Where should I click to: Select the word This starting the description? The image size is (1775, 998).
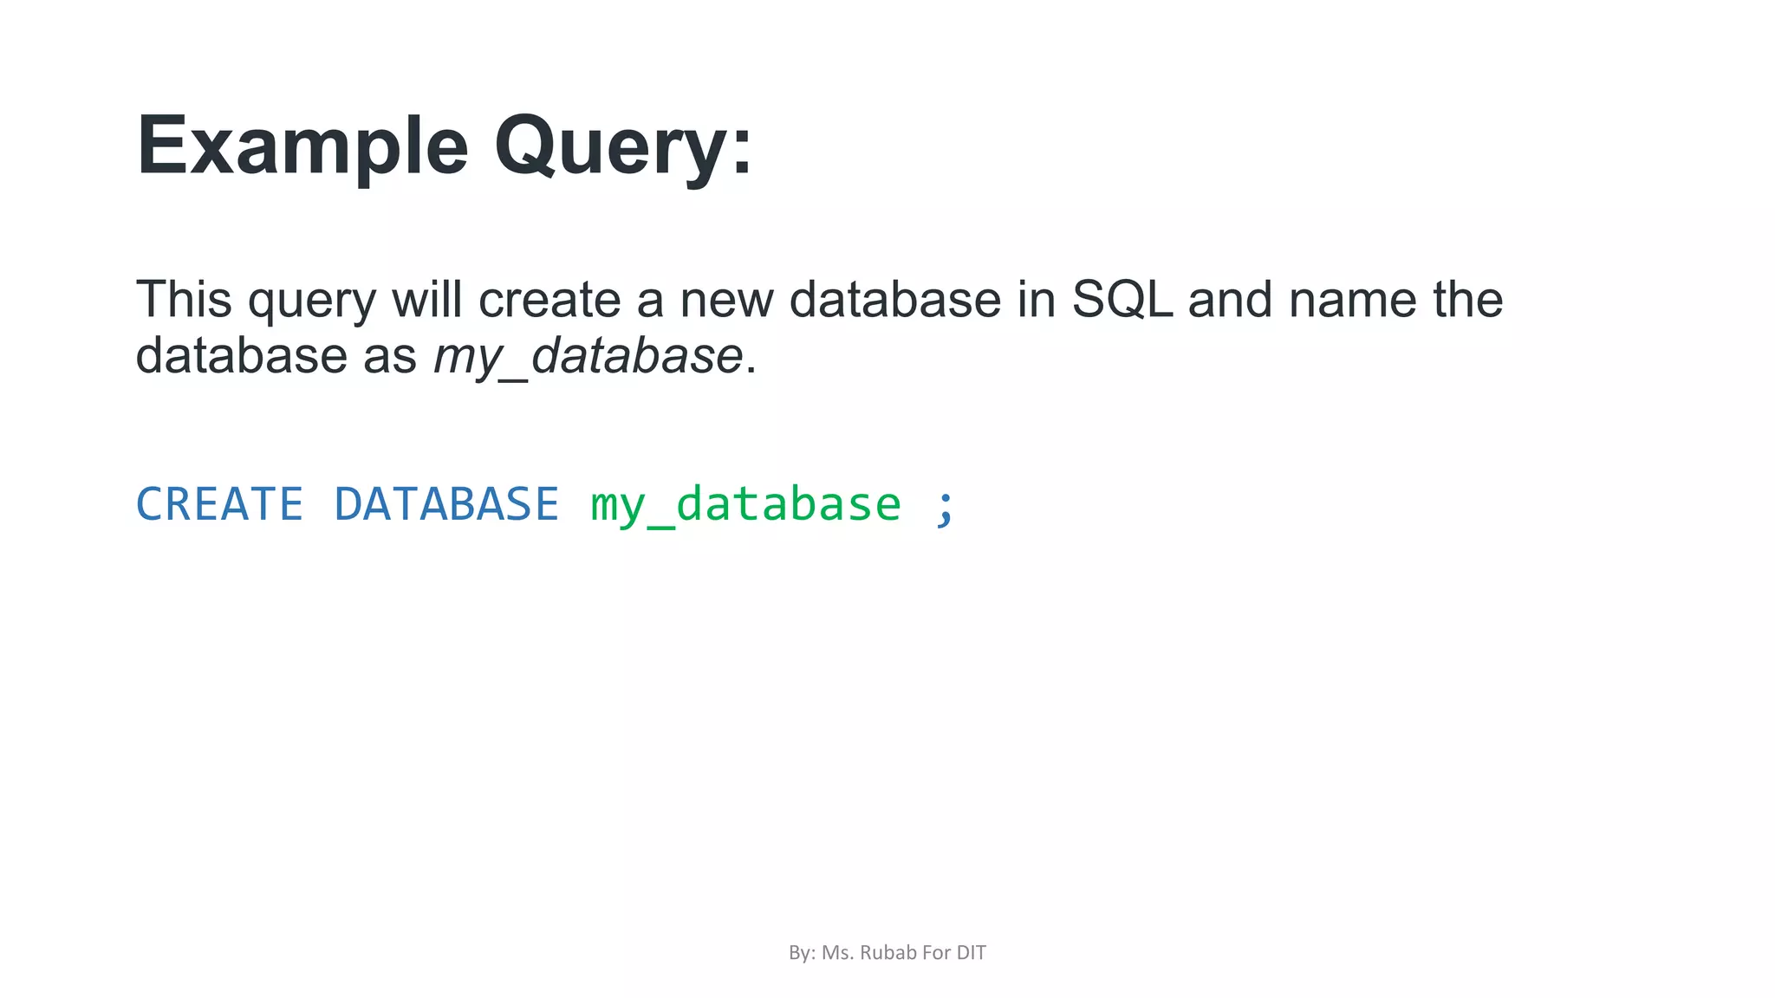pyautogui.click(x=184, y=300)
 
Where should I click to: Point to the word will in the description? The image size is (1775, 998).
pyautogui.click(x=426, y=300)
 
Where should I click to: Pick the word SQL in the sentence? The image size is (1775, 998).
pyautogui.click(x=1122, y=300)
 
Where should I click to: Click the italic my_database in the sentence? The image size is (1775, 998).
pyautogui.click(x=588, y=356)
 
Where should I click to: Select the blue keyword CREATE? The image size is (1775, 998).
pyautogui.click(x=219, y=504)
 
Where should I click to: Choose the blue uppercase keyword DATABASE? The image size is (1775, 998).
pyautogui.click(x=446, y=504)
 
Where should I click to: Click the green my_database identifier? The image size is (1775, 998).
pyautogui.click(x=745, y=506)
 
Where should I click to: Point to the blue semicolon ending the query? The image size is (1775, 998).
pyautogui.click(x=945, y=506)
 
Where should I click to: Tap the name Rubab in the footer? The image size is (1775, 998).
pyautogui.click(x=887, y=953)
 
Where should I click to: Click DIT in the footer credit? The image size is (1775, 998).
pyautogui.click(x=971, y=953)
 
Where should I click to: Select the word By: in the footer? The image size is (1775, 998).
pyautogui.click(x=802, y=953)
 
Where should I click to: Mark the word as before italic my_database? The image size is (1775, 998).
pyautogui.click(x=390, y=356)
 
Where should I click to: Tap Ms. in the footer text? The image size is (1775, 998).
pyautogui.click(x=837, y=953)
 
